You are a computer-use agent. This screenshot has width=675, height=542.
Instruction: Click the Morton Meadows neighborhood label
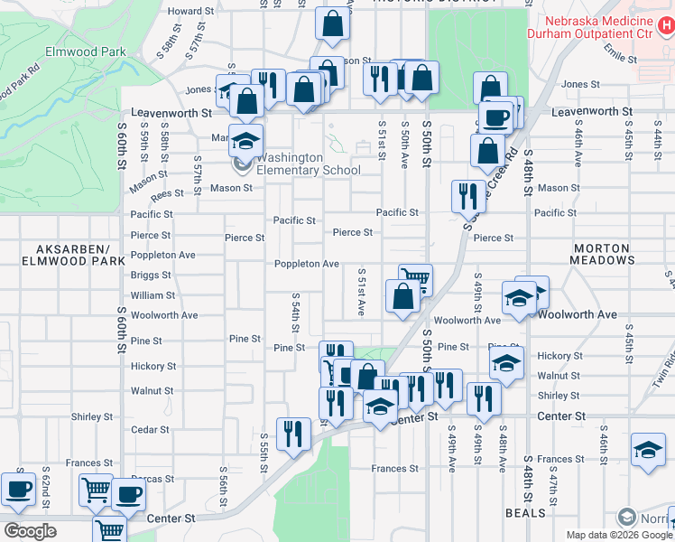(601, 254)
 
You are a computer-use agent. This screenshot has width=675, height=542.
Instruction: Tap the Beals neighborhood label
(526, 513)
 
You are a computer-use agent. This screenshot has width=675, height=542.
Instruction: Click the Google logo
(31, 531)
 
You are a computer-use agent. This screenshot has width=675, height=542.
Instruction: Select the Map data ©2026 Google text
(618, 535)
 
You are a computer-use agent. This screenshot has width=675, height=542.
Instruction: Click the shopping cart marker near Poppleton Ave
(414, 279)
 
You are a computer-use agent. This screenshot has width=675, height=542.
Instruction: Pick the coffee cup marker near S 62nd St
(18, 489)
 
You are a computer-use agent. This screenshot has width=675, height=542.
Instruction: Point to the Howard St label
(190, 11)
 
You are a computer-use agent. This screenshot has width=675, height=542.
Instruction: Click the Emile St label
(620, 56)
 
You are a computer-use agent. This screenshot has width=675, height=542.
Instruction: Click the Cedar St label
(150, 430)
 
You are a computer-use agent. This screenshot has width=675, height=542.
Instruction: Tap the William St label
(153, 295)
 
